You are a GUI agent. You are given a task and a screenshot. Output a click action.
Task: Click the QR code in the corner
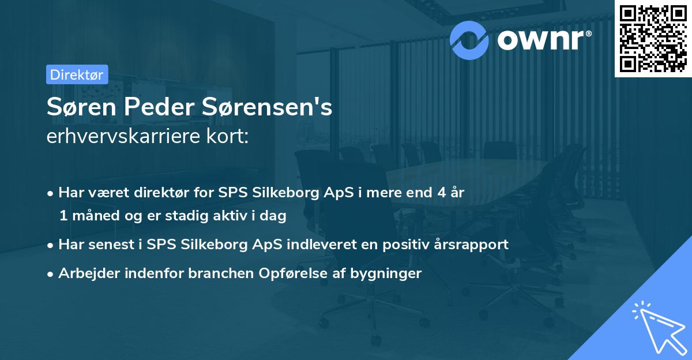(653, 38)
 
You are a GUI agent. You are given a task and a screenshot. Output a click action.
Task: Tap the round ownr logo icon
(469, 40)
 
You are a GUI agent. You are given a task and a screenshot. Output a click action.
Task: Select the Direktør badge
(77, 74)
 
